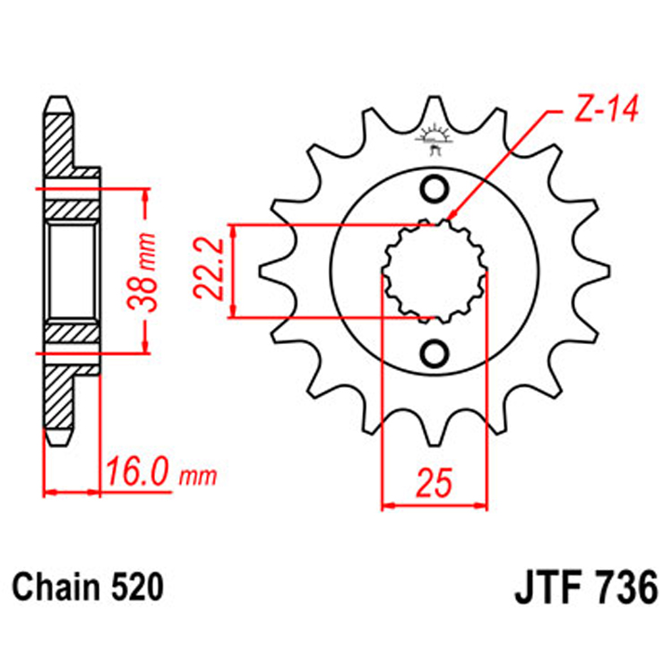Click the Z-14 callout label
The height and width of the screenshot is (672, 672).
[599, 112]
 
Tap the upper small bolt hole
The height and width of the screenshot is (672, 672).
[435, 191]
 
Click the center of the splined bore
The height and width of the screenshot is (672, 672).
[435, 271]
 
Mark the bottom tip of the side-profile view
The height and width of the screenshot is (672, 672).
[56, 441]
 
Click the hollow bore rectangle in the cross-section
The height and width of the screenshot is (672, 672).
[72, 271]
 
